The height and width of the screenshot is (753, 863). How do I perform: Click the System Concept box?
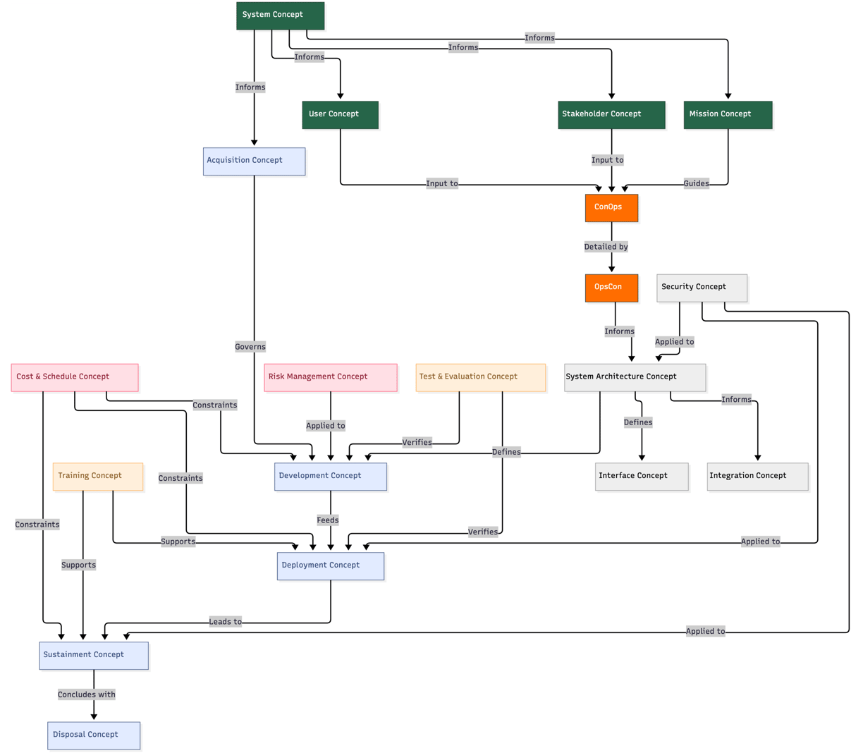(x=280, y=16)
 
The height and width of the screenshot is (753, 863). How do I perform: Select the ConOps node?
(x=611, y=207)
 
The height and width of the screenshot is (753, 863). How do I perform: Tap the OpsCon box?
(x=611, y=288)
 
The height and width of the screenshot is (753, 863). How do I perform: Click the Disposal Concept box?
(x=94, y=735)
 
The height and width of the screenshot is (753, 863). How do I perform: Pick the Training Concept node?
(x=98, y=477)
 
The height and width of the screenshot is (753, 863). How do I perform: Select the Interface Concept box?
(x=642, y=477)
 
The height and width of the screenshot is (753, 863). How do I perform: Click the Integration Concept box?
(x=757, y=477)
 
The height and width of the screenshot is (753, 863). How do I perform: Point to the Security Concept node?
(x=702, y=288)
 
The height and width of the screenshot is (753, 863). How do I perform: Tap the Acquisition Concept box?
(x=254, y=161)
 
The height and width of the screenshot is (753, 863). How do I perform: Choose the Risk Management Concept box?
(x=330, y=377)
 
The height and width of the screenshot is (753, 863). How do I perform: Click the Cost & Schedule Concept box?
(x=75, y=377)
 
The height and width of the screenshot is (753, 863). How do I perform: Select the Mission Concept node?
(x=728, y=115)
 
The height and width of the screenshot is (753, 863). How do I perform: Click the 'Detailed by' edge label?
(x=606, y=247)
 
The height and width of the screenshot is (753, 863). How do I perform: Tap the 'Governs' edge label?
(x=250, y=347)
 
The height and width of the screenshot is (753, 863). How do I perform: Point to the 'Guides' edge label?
(x=696, y=183)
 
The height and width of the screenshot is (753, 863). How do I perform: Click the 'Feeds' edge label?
(x=327, y=520)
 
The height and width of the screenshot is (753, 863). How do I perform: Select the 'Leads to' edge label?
(x=225, y=621)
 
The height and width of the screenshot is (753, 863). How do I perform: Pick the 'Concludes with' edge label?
(x=87, y=694)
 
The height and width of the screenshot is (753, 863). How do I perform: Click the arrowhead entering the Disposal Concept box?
(x=94, y=717)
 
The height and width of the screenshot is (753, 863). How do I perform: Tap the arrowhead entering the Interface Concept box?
(x=642, y=458)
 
